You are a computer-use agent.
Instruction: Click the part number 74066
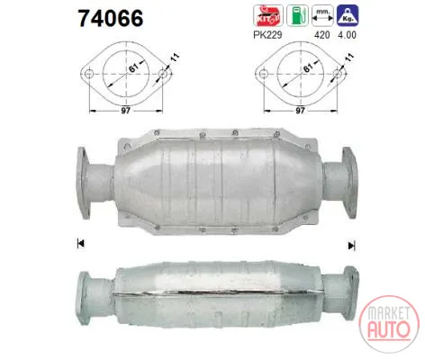pos(111,18)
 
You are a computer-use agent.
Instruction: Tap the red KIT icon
pos(268,15)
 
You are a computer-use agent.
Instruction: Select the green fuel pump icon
pos(297,15)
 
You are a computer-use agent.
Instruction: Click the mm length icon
pos(322,15)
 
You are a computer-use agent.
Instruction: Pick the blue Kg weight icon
pos(348,15)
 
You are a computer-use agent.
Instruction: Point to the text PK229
pos(267,35)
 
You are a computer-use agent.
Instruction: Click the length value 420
pos(321,35)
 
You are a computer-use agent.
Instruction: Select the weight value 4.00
pos(347,35)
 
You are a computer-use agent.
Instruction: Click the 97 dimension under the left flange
pos(126,111)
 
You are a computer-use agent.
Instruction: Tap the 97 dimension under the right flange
pos(300,111)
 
